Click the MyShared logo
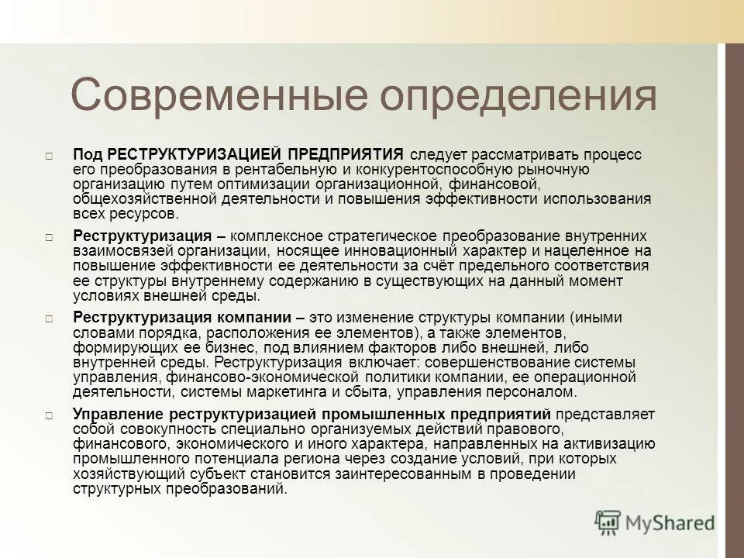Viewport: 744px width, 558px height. click(654, 522)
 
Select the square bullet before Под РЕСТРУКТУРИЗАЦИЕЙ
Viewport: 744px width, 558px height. click(49, 156)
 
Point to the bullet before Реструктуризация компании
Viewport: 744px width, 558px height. click(49, 319)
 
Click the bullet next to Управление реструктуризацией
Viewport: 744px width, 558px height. click(49, 415)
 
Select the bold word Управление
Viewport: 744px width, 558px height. click(117, 414)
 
